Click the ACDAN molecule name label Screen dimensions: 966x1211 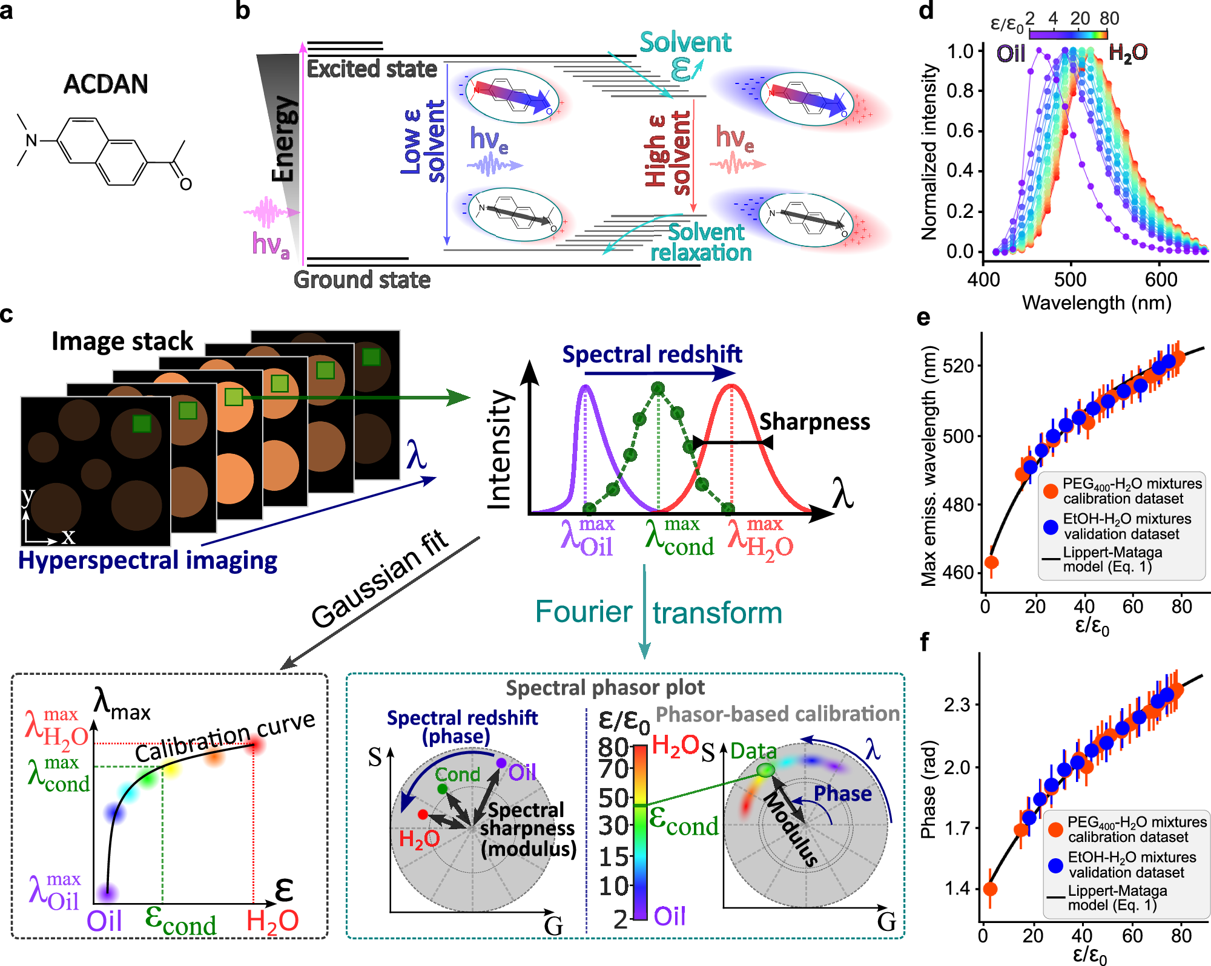point(105,84)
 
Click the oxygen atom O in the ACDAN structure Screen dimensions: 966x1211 point(186,184)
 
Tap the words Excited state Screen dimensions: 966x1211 point(372,69)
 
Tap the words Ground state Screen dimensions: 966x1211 point(361,280)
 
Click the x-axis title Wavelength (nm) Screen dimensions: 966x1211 point(1096,303)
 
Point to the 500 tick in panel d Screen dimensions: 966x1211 point(1070,280)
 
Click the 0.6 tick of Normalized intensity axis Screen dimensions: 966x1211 point(960,131)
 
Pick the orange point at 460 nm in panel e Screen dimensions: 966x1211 point(991,562)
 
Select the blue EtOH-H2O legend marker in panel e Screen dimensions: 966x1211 point(1051,527)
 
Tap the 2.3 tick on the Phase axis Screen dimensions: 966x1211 point(957,705)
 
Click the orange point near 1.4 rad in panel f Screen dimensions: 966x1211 point(991,889)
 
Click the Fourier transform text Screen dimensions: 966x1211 point(659,613)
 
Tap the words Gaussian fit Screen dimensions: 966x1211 point(380,579)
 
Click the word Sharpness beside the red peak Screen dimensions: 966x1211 point(814,422)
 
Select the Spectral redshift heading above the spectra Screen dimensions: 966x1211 point(652,354)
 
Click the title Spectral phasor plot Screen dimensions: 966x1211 point(605,688)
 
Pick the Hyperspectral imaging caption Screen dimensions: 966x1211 point(148,560)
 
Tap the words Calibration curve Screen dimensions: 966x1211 point(225,737)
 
